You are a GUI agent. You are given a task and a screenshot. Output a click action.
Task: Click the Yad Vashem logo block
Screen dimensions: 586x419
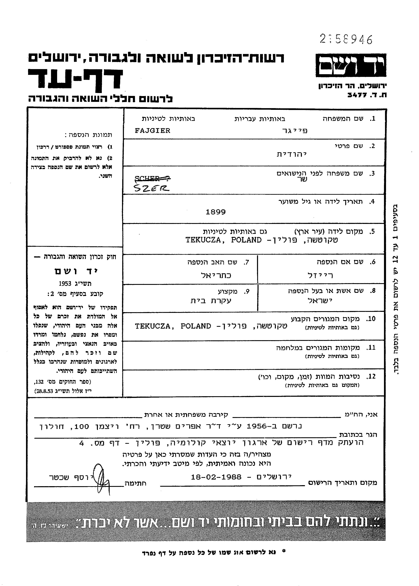[351, 66]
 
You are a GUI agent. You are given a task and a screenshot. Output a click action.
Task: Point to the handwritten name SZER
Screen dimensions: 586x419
[152, 188]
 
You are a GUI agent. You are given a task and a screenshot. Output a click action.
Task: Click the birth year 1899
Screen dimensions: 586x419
[216, 212]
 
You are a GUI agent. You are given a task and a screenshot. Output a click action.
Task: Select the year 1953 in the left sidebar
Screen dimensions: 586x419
[65, 284]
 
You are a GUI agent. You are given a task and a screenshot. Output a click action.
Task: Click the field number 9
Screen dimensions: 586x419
[247, 291]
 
